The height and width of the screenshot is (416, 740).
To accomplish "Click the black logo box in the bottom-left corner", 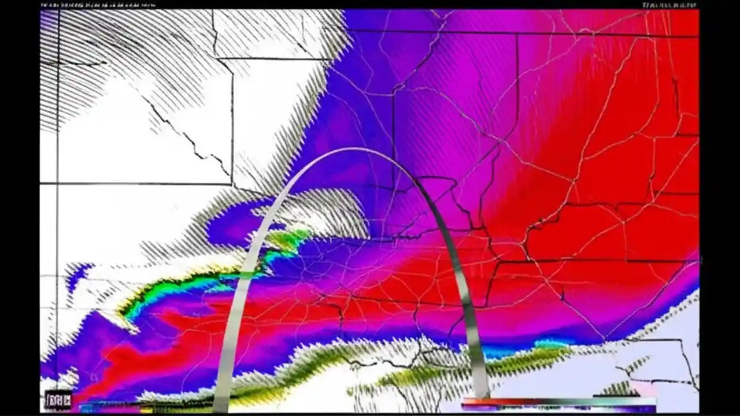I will tap(58, 400).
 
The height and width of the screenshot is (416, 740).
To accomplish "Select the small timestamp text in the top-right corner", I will tap(669, 5).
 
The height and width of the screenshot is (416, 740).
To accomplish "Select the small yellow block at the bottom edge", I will tap(146, 410).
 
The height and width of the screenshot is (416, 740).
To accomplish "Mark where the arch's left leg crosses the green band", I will tap(246, 275).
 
